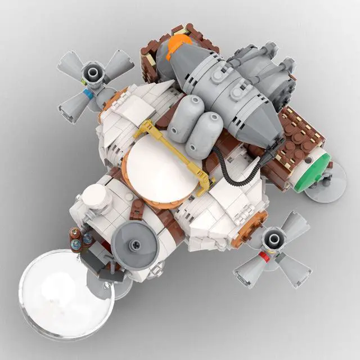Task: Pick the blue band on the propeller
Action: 84,90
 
